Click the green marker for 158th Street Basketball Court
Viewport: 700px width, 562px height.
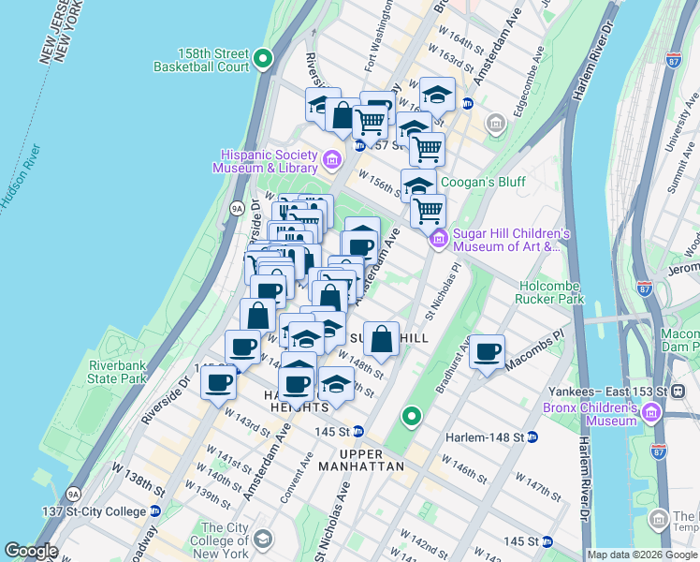point(264,60)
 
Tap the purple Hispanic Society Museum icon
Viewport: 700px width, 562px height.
point(330,161)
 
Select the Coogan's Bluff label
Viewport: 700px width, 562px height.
point(482,182)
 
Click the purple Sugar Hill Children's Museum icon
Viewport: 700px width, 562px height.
point(438,241)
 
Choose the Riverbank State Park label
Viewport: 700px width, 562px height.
point(117,372)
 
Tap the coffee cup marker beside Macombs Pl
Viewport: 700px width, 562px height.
point(487,353)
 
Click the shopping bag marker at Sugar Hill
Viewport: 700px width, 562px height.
point(382,340)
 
